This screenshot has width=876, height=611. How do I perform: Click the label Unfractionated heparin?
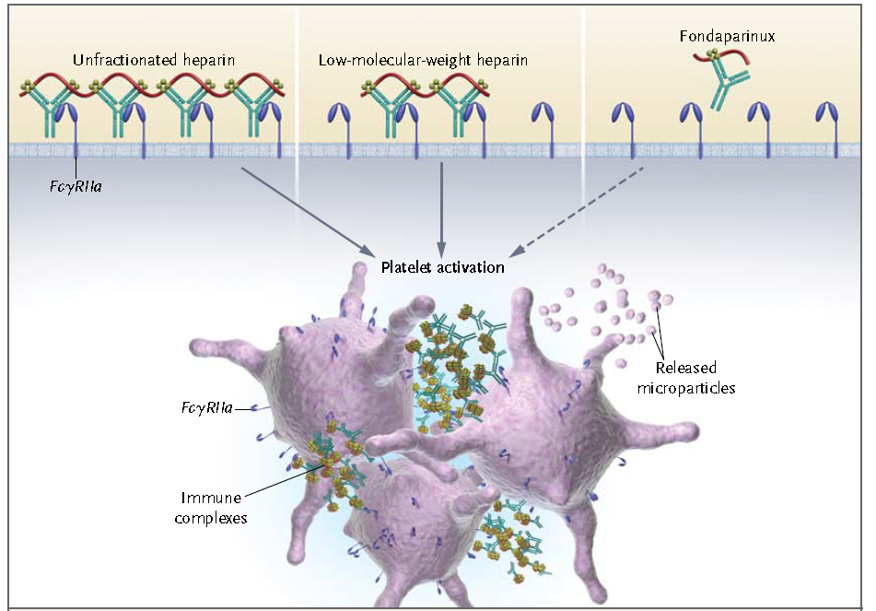[x=154, y=61]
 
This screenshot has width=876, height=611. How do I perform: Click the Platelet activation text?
[x=443, y=267]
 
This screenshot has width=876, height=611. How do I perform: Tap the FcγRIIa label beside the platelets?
[x=206, y=405]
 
